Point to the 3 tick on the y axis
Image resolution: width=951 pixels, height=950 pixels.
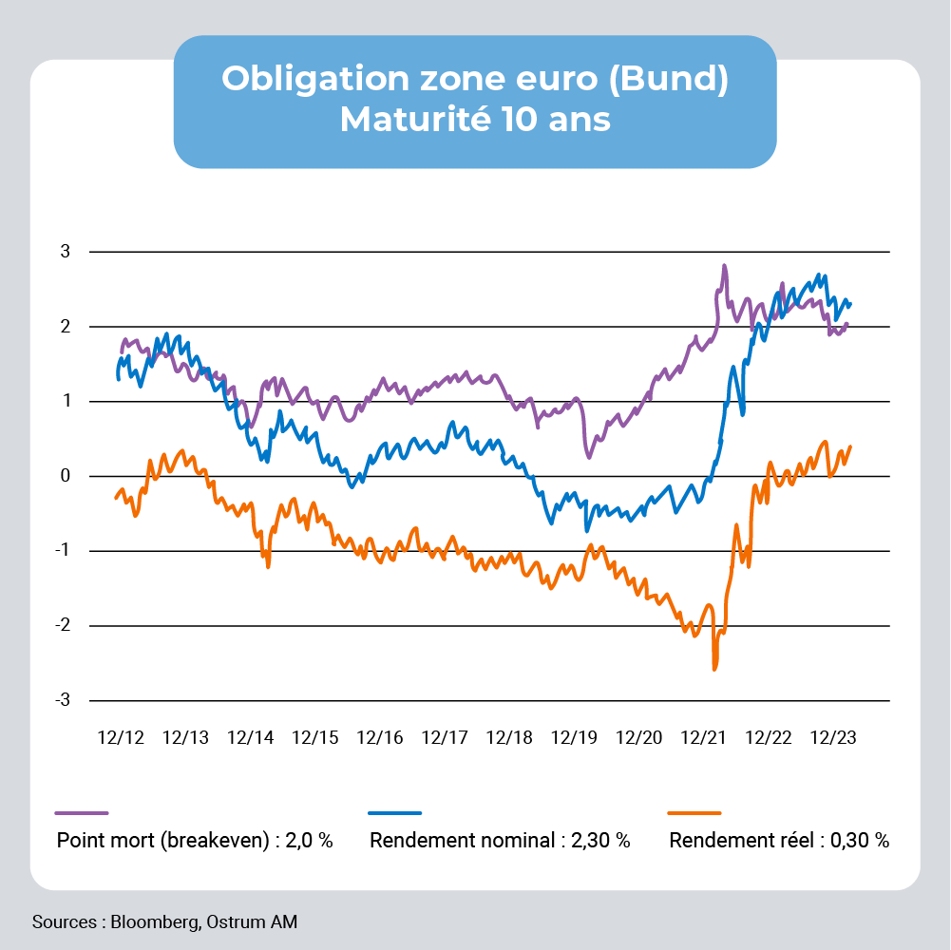[x=67, y=252]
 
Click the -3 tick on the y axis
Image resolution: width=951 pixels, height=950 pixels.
[x=65, y=700]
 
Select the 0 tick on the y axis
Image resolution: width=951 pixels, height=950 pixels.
[x=67, y=476]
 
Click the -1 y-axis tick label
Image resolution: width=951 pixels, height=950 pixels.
[x=65, y=551]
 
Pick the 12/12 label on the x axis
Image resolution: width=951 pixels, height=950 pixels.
[x=121, y=737]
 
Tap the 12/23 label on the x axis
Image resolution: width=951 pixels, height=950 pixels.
[x=833, y=737]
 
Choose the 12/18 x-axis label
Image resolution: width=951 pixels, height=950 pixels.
[x=509, y=737]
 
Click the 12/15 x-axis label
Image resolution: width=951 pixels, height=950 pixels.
[x=315, y=737]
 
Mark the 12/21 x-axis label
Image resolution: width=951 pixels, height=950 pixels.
[x=704, y=737]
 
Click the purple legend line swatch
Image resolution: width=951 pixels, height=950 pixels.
[x=82, y=813]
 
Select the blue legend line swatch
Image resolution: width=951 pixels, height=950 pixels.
[x=394, y=813]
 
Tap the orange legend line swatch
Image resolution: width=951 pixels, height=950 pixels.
[x=694, y=813]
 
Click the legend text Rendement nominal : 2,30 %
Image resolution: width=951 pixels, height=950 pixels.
[x=500, y=841]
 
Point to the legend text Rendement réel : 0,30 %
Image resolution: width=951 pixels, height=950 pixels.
[x=779, y=841]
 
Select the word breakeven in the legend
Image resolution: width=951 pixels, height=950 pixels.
[x=219, y=841]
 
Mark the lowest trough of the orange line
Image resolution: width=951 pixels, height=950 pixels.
[x=713, y=669]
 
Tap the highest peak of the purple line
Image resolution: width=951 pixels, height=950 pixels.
[x=724, y=266]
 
